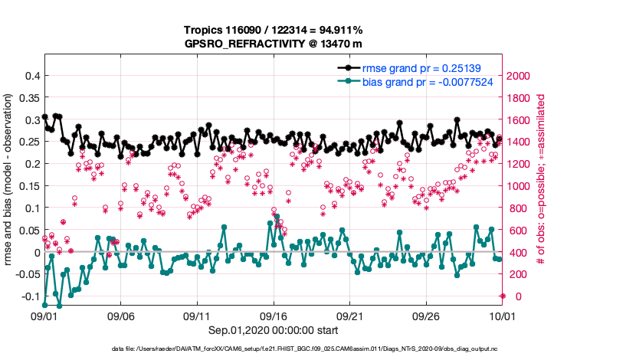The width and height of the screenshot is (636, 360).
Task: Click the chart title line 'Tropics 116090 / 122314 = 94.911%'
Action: click(273, 30)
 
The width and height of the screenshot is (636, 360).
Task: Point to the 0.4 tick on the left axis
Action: click(31, 76)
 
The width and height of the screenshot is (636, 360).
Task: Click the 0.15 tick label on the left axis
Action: click(28, 186)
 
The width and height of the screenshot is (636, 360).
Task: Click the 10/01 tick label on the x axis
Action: click(502, 316)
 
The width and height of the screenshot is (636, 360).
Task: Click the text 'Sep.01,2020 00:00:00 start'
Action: click(273, 330)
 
